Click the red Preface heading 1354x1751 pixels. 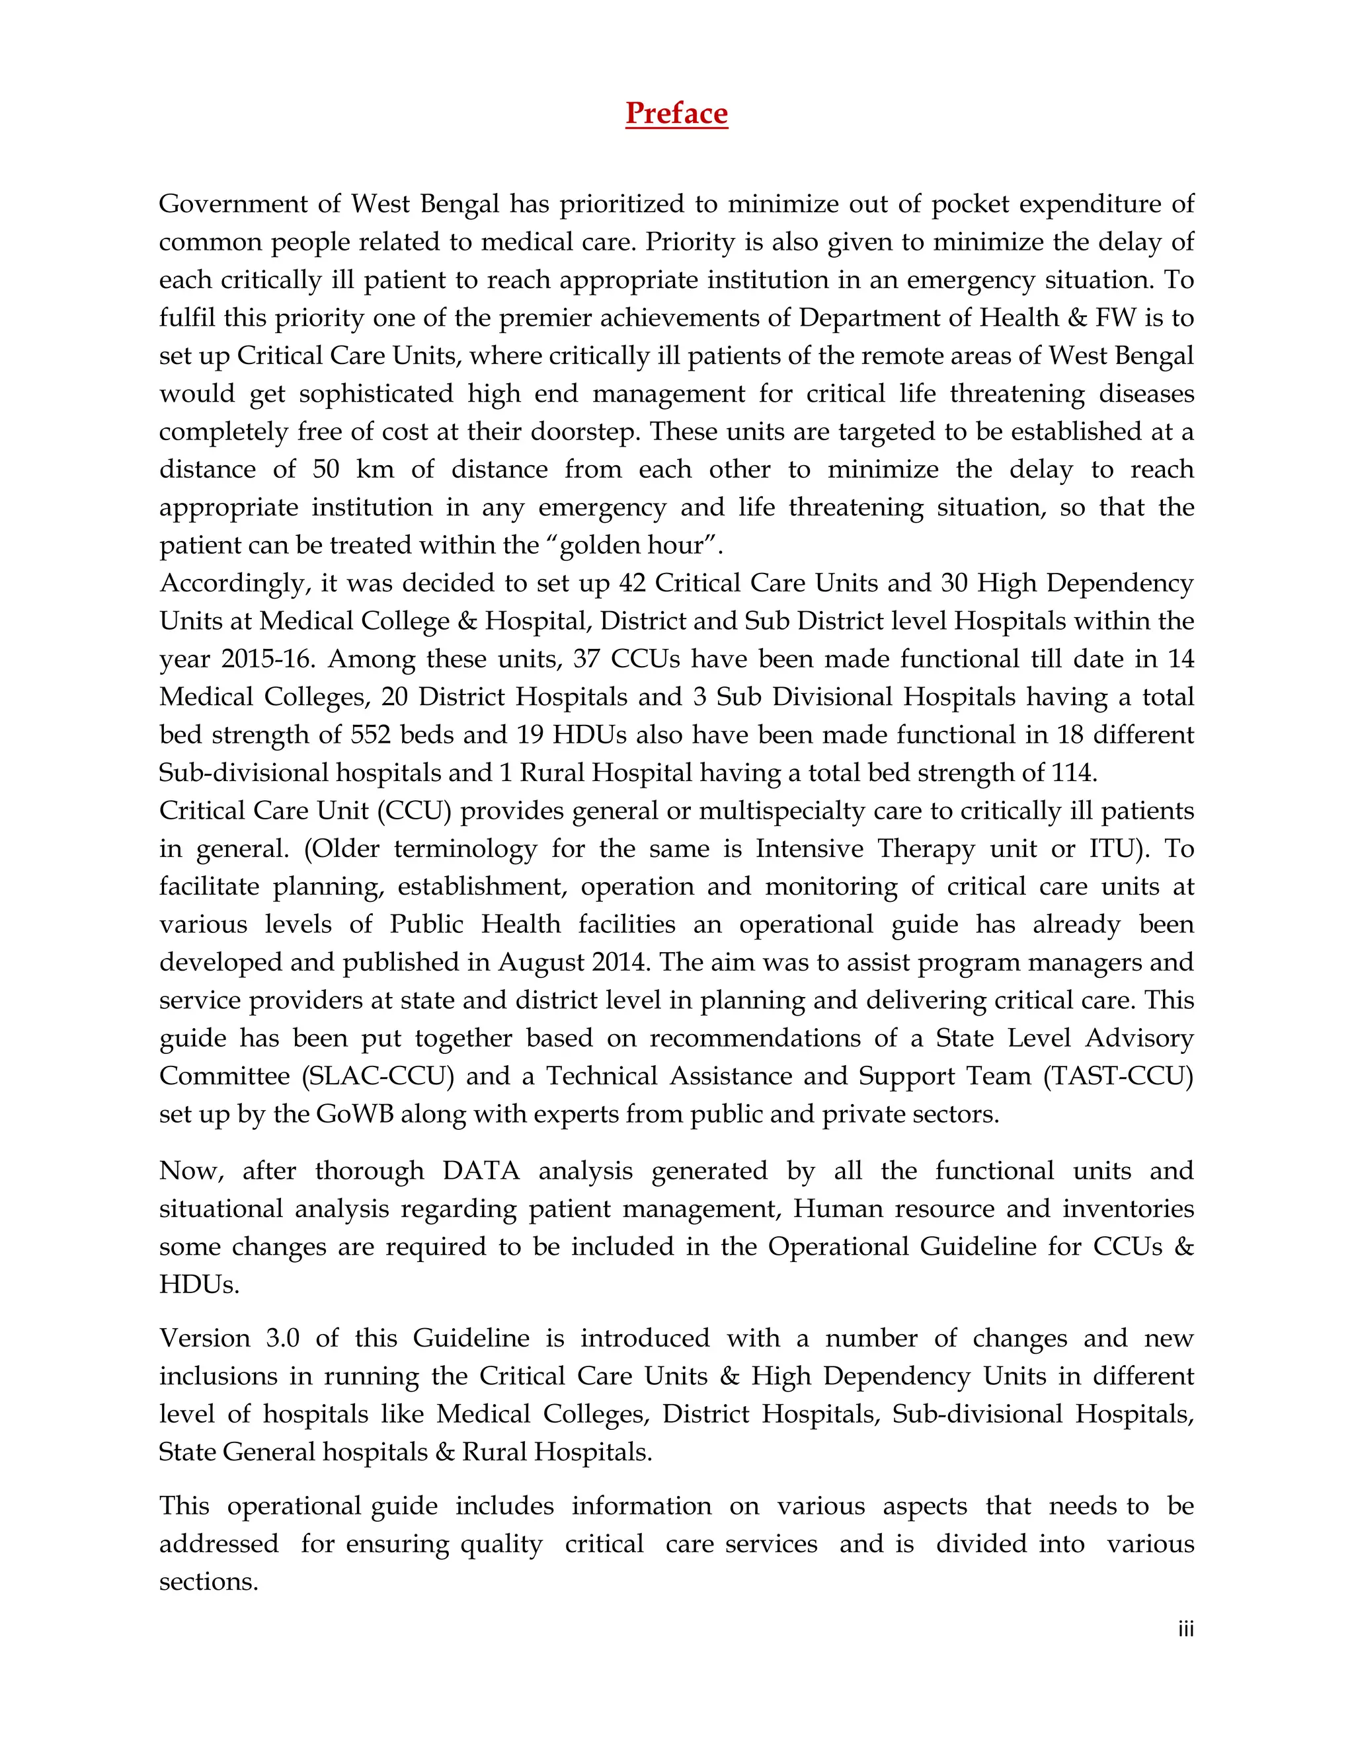coord(676,113)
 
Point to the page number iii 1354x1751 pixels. coord(1185,1629)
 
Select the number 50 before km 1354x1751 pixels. coord(326,469)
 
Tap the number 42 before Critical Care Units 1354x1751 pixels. coord(632,583)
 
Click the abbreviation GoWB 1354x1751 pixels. coord(354,1115)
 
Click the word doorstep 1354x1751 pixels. coord(583,431)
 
